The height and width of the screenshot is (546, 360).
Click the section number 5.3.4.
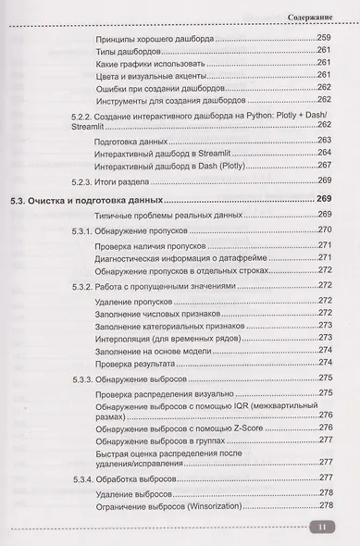(x=86, y=479)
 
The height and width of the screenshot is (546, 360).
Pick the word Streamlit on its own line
(x=92, y=122)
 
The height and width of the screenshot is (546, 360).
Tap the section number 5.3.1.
(x=86, y=230)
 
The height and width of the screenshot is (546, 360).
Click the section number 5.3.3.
(x=86, y=380)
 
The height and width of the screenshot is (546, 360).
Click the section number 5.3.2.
(x=86, y=287)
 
